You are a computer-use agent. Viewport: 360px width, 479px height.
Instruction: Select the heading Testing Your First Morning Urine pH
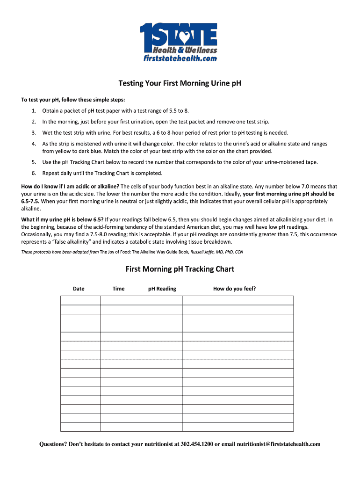click(180, 84)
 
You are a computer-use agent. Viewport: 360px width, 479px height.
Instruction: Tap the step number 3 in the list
click(34, 132)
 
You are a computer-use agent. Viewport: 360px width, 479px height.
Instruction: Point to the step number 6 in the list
click(34, 173)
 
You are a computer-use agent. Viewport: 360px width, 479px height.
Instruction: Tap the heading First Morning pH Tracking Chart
click(180, 269)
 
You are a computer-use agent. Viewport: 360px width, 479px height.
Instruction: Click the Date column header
click(79, 289)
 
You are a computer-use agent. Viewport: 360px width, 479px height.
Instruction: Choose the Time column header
click(119, 289)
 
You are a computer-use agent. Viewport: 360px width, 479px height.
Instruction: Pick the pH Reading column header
click(162, 289)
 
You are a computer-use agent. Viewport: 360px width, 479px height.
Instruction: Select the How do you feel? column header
click(234, 289)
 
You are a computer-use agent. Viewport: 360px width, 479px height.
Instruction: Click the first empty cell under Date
click(80, 300)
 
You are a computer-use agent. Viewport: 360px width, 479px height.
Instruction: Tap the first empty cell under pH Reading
click(161, 300)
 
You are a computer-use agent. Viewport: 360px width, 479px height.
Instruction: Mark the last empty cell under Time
click(120, 427)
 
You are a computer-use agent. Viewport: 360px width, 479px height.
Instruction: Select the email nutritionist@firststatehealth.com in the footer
click(279, 444)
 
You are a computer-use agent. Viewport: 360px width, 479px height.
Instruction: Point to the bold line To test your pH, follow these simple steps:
click(73, 100)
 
